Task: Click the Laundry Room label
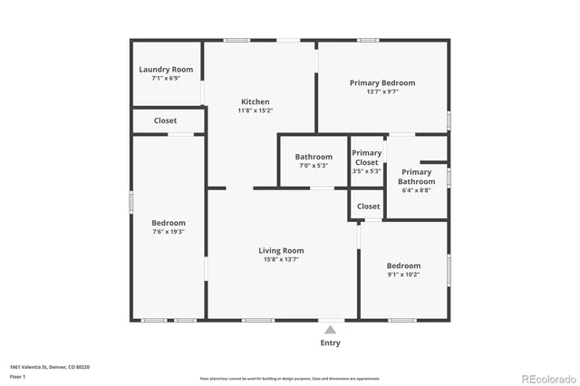(x=166, y=70)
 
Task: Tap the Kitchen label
(x=255, y=101)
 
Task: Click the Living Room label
(x=281, y=250)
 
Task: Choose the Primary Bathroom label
(x=417, y=177)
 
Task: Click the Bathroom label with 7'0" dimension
(x=314, y=157)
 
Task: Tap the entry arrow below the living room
(x=331, y=330)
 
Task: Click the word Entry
(x=331, y=343)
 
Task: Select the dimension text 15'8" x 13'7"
(x=281, y=260)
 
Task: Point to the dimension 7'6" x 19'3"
(x=169, y=232)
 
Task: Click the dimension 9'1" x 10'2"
(x=404, y=275)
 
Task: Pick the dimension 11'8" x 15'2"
(x=255, y=111)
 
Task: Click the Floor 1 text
(x=17, y=375)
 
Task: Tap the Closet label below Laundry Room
(x=166, y=121)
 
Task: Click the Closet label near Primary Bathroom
(x=369, y=207)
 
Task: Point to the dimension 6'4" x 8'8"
(x=417, y=190)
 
